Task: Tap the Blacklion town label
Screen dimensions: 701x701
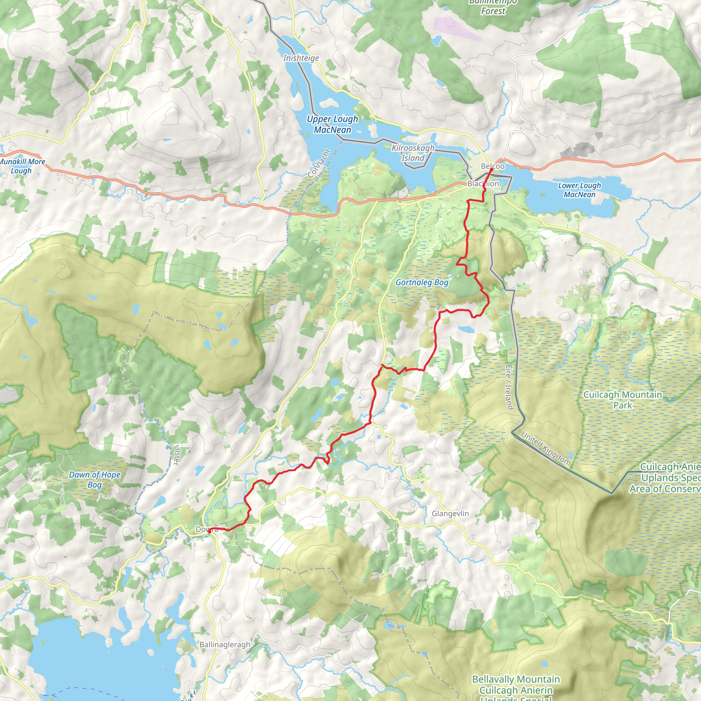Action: point(483,183)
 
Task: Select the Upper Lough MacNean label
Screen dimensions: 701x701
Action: point(332,124)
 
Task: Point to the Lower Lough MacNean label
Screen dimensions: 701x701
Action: point(579,190)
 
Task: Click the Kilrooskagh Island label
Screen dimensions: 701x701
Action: point(413,153)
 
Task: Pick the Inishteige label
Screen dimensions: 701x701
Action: point(301,58)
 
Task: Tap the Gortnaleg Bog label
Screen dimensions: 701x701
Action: point(422,282)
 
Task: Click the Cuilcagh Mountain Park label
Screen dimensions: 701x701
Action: point(623,399)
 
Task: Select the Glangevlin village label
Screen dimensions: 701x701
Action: point(450,513)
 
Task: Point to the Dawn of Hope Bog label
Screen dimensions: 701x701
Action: point(94,480)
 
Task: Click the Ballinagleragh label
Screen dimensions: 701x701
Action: point(225,645)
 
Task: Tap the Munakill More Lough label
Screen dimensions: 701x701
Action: point(22,166)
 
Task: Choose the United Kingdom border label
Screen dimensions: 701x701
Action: point(546,448)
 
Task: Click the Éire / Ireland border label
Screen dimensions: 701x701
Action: point(509,387)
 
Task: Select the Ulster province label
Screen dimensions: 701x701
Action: point(177,455)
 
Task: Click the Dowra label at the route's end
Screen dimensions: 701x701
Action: point(207,530)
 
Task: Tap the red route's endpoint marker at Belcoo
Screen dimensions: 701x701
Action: point(491,169)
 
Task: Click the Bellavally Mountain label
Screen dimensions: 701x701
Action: point(515,679)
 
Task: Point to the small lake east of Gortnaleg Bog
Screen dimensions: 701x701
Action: point(466,329)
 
